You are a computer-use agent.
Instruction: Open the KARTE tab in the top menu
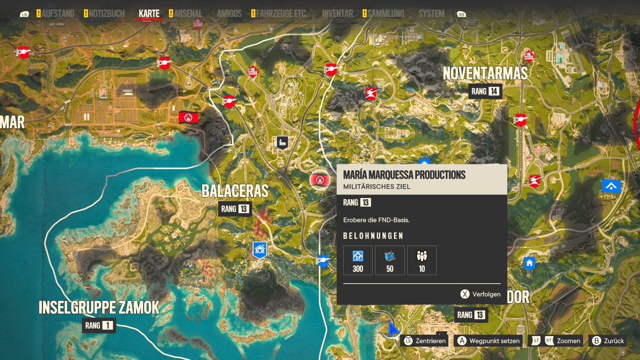pyautogui.click(x=149, y=14)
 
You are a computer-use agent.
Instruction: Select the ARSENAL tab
pyautogui.click(x=188, y=14)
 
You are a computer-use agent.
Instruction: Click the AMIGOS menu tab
pyautogui.click(x=229, y=14)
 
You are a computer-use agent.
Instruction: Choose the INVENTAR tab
pyautogui.click(x=337, y=14)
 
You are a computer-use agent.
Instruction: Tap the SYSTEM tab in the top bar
pyautogui.click(x=431, y=14)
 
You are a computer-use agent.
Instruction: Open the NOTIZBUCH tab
pyautogui.click(x=106, y=14)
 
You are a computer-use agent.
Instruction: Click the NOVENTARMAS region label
pyautogui.click(x=485, y=73)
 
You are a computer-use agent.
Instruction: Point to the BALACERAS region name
pyautogui.click(x=235, y=191)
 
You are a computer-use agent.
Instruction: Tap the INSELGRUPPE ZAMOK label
pyautogui.click(x=99, y=307)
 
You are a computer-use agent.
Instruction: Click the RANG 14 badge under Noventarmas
pyautogui.click(x=485, y=92)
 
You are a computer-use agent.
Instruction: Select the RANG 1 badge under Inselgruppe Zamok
pyautogui.click(x=99, y=326)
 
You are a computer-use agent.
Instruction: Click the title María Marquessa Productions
pyautogui.click(x=404, y=175)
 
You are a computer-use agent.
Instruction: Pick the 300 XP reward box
pyautogui.click(x=358, y=260)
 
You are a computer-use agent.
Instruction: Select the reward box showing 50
pyautogui.click(x=390, y=260)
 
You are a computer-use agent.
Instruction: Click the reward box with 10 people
pyautogui.click(x=422, y=260)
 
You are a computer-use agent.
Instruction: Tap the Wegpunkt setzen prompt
pyautogui.click(x=488, y=341)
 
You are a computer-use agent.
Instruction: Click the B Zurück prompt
pyautogui.click(x=608, y=341)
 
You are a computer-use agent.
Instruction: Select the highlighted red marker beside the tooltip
pyautogui.click(x=320, y=180)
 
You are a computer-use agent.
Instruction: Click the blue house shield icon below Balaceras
pyautogui.click(x=260, y=250)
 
